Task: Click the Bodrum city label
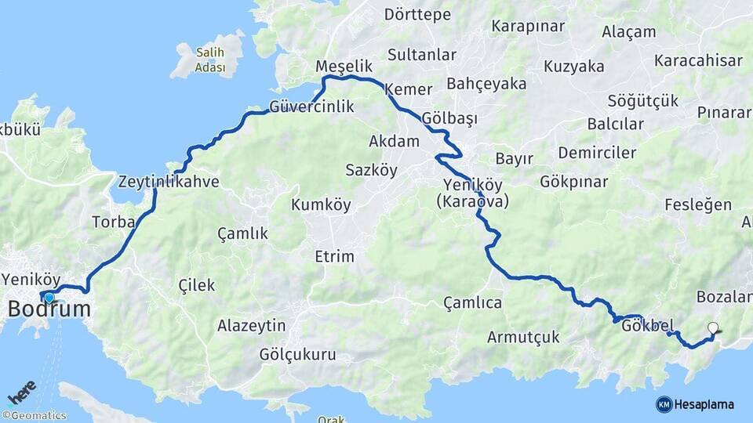pos(49,309)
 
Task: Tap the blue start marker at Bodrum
pos(49,297)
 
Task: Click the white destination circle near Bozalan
pos(712,328)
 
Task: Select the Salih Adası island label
pos(209,60)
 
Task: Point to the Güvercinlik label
pos(311,107)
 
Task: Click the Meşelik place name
pos(342,67)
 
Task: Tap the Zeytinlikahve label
pos(169,183)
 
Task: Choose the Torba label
pos(114,222)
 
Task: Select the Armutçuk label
pos(523,337)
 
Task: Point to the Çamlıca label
pos(472,302)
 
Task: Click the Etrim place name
pos(334,256)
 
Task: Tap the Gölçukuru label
pos(298,355)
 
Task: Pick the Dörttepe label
pos(418,15)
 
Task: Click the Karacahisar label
pos(698,60)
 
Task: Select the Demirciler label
pos(598,153)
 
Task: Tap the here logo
pos(21,390)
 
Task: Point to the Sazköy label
pos(371,169)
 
